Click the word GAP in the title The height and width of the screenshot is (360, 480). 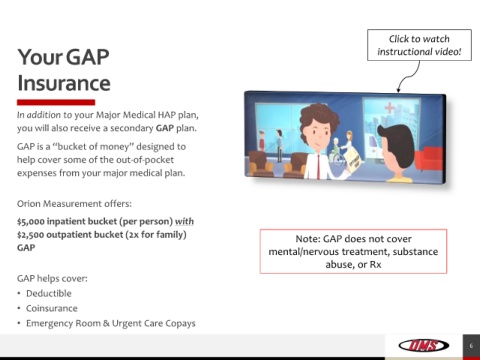click(x=88, y=57)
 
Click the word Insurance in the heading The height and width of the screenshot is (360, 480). click(x=64, y=83)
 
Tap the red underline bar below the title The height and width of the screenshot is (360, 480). click(x=56, y=102)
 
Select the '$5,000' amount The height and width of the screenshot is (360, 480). click(x=31, y=222)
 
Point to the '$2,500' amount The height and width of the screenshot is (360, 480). click(x=31, y=235)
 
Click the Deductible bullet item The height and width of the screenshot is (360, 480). click(x=49, y=293)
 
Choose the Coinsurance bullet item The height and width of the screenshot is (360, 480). click(x=52, y=308)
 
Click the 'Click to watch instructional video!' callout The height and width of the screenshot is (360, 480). click(x=419, y=45)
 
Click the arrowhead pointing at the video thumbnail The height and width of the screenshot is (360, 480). click(x=398, y=89)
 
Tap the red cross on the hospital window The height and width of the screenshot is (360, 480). click(x=389, y=108)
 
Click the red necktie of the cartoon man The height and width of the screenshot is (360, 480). click(x=319, y=166)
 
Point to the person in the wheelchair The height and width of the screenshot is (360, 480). click(x=336, y=151)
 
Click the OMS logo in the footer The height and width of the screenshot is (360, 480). click(x=424, y=345)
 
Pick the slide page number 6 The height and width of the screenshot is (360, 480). click(x=471, y=346)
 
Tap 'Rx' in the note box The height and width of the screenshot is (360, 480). click(x=375, y=265)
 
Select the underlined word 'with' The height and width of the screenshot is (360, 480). click(x=184, y=222)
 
